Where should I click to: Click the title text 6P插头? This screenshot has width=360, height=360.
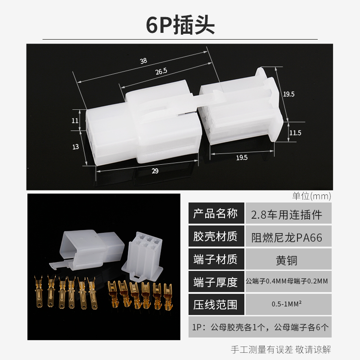point(180,25)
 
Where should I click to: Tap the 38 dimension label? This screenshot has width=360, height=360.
point(144,61)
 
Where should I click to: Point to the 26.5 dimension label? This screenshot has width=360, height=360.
point(161,71)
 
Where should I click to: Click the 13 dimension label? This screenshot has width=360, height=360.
point(75,147)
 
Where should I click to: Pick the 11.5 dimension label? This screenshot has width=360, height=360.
point(295,133)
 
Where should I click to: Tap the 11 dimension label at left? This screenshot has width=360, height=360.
point(75,121)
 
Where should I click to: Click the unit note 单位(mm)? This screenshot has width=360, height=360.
point(311,196)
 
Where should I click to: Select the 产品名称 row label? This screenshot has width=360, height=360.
point(215,214)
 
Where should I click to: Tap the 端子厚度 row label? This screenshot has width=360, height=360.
point(215,282)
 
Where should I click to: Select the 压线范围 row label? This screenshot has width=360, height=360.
point(215,305)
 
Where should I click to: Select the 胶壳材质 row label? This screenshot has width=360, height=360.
point(215,237)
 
